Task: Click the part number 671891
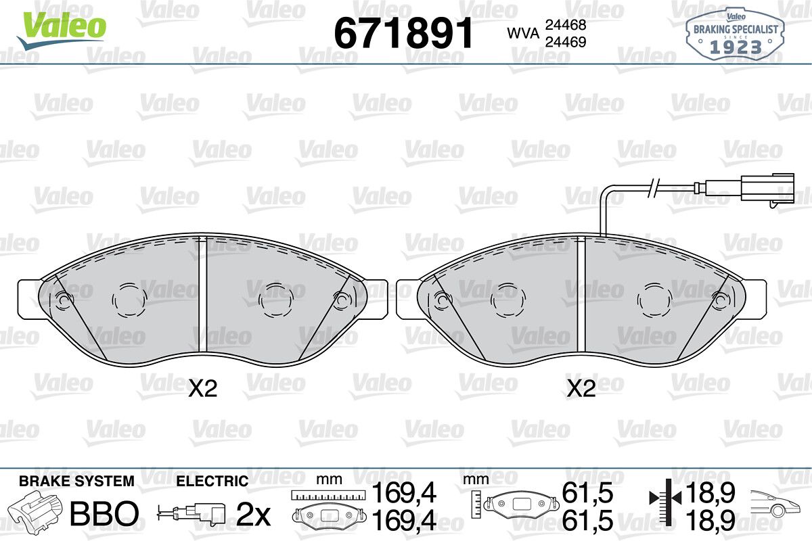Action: (x=403, y=33)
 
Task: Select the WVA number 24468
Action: (x=566, y=25)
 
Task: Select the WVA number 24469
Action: (x=566, y=42)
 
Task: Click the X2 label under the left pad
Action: (x=202, y=388)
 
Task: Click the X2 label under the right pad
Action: (x=581, y=388)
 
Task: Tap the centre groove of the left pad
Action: (x=202, y=294)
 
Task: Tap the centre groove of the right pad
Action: (x=581, y=294)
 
